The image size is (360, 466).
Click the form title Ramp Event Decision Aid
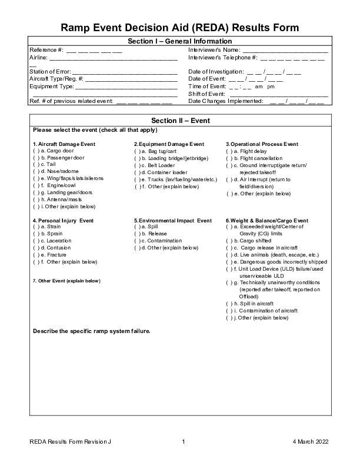tap(180, 28)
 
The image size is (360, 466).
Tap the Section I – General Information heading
tap(180, 41)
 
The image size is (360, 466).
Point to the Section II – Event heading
tap(180, 121)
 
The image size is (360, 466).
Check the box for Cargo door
tap(36, 151)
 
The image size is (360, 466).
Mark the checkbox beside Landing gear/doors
tap(36, 192)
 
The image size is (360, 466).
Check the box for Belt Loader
tap(138, 165)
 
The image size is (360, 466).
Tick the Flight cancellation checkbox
tap(230, 158)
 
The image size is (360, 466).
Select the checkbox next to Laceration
tap(36, 241)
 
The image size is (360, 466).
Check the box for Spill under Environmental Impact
tap(138, 227)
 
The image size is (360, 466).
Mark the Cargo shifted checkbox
tap(230, 241)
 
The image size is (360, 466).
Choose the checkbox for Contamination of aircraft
tap(230, 311)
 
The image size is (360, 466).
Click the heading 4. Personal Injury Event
tap(63, 220)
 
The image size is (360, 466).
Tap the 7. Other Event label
tap(66, 281)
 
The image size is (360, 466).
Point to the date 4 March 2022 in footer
tap(310, 441)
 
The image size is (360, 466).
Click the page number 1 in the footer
tap(184, 441)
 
